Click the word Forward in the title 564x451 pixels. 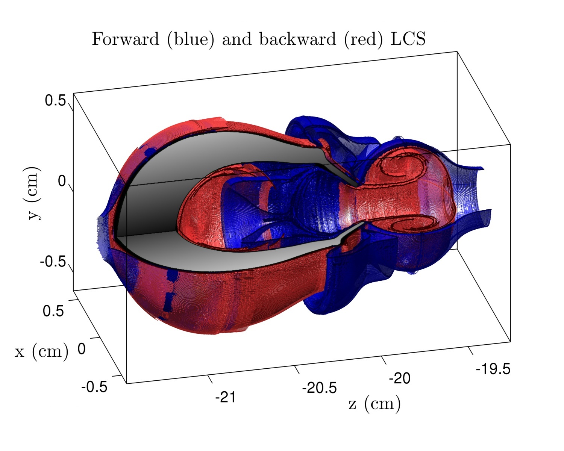(126, 39)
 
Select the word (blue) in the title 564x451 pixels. (191, 40)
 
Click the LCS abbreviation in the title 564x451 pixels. (408, 39)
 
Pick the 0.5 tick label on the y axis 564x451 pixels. (55, 100)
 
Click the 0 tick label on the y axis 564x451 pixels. (62, 181)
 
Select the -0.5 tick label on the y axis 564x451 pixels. (52, 261)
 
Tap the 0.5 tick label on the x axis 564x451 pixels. (53, 311)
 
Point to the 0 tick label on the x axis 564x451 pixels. (82, 349)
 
